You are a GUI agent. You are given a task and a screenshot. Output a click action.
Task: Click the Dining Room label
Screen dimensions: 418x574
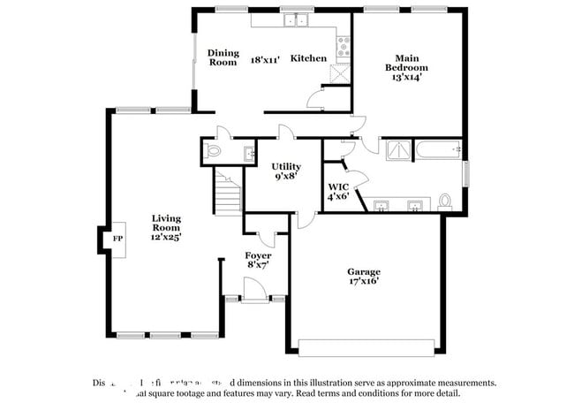[x=223, y=57]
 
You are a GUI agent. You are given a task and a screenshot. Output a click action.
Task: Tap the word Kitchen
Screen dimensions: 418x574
[x=309, y=58]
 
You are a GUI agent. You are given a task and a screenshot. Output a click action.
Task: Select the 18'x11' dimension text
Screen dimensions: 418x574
[x=265, y=58]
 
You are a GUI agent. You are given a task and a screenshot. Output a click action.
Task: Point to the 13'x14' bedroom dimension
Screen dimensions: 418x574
[x=406, y=77]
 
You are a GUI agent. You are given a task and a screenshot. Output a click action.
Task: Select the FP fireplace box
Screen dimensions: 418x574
[x=116, y=239]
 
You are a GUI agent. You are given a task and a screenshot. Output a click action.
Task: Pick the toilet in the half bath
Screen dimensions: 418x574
[x=212, y=152]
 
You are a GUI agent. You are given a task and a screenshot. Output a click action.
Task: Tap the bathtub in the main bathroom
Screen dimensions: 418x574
[x=436, y=150]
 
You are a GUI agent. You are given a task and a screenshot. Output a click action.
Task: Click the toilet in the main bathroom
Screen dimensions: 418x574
[x=445, y=201]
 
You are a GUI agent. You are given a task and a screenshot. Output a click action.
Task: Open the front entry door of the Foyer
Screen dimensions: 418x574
[x=253, y=289]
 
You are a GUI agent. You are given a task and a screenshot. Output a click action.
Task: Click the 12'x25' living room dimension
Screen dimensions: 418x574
[x=166, y=237]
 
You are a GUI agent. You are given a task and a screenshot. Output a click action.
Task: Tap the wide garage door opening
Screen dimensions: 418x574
[x=365, y=346]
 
